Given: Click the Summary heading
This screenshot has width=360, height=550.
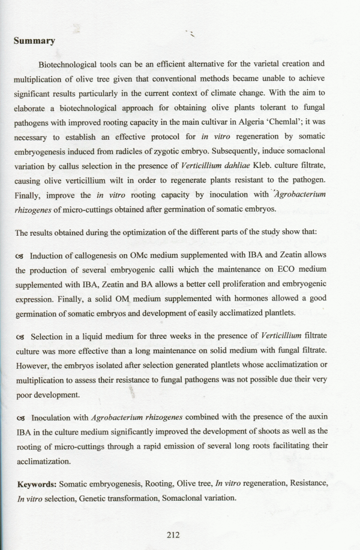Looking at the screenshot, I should point(34,41).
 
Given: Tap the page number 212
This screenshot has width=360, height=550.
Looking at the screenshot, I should point(174,535).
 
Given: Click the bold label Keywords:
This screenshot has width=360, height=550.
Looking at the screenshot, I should point(37,483).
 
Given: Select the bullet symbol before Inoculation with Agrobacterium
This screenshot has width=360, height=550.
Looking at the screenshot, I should point(19,418).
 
